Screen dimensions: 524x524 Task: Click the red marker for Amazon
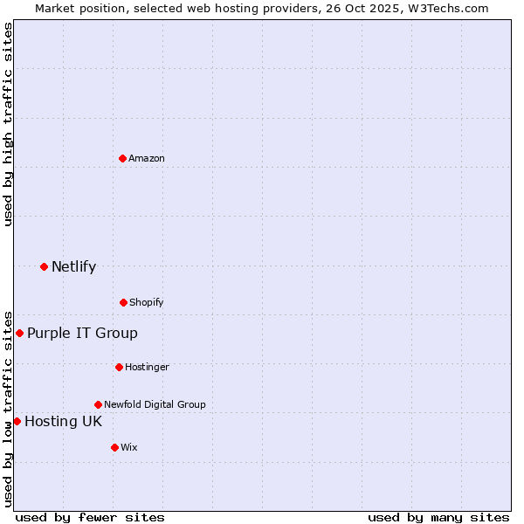tap(123, 158)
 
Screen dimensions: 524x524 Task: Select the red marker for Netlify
tap(44, 266)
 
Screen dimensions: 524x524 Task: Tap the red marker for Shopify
tap(123, 302)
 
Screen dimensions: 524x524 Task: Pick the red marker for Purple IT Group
tap(19, 333)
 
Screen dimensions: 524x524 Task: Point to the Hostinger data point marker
tap(119, 367)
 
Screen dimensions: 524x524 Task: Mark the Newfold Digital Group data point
tap(98, 404)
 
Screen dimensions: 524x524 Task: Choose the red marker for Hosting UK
tap(17, 421)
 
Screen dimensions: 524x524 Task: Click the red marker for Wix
tap(114, 447)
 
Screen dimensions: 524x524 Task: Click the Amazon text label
tap(147, 158)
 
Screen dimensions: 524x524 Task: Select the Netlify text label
tap(73, 266)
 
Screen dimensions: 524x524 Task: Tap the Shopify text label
tap(147, 302)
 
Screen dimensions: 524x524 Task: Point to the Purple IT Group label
tap(82, 333)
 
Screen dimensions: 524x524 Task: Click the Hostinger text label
tap(147, 367)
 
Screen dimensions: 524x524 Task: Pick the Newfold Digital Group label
tap(155, 404)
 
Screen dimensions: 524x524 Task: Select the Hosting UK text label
tap(63, 421)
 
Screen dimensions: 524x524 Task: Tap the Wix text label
tap(129, 447)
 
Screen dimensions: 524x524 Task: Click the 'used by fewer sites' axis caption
tap(90, 517)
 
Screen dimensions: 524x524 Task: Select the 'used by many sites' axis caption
tap(438, 517)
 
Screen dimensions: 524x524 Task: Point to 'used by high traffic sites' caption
tap(8, 124)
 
